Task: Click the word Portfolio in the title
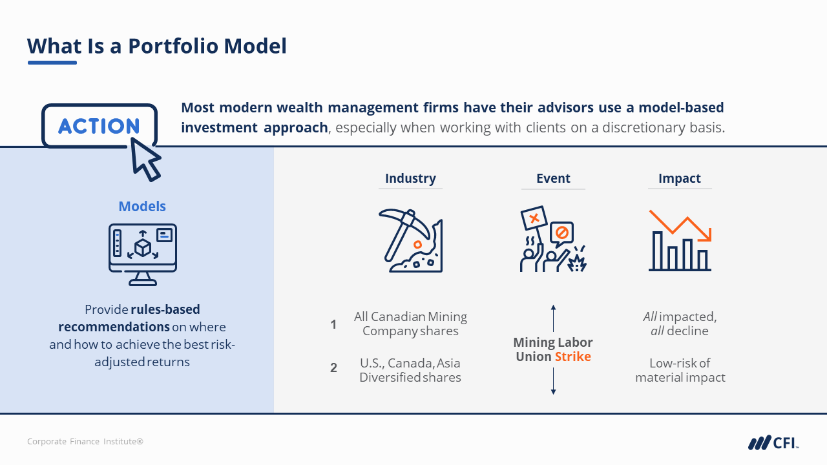point(173,46)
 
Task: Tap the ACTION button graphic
point(99,126)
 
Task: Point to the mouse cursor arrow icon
point(145,160)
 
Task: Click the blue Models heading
point(142,206)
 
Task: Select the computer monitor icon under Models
point(143,254)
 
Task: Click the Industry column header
point(410,178)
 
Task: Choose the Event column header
point(553,178)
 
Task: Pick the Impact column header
point(680,178)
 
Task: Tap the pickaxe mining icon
point(410,240)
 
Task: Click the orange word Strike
point(573,356)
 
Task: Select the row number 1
point(333,324)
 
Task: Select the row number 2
point(333,367)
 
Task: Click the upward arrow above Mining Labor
point(553,318)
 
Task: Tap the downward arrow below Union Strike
point(553,382)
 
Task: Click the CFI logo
point(773,442)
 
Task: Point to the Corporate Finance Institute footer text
point(85,441)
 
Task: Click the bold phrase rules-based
point(165,309)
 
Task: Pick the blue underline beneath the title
point(52,63)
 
